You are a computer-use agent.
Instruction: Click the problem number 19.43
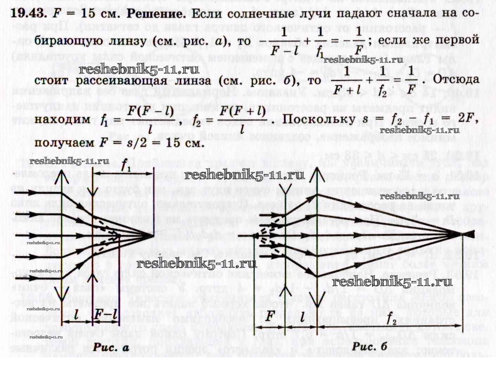point(28,14)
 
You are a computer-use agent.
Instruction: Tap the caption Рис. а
point(111,347)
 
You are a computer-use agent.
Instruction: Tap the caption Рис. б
point(369,346)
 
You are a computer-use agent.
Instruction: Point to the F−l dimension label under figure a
point(105,316)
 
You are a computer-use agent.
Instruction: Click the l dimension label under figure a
point(76,316)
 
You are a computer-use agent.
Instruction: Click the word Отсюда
point(456,79)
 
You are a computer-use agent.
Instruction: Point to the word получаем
point(65,143)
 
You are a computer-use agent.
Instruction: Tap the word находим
point(63,119)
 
